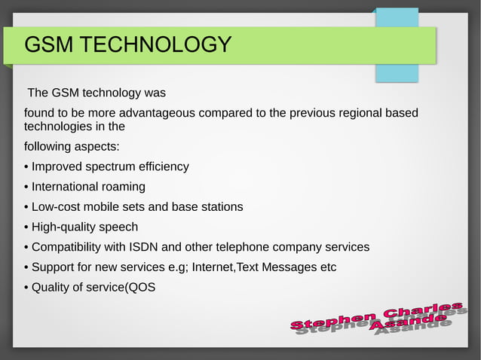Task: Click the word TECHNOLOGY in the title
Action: (x=156, y=45)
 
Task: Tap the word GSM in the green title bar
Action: (x=49, y=45)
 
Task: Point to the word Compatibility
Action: (x=69, y=247)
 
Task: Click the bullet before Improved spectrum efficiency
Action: (x=26, y=166)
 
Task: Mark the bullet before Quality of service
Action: (x=26, y=287)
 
